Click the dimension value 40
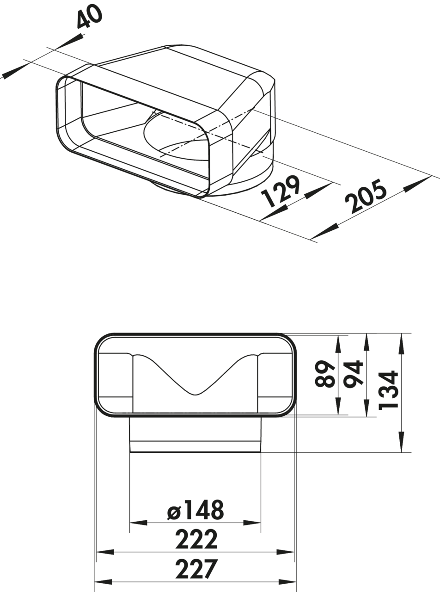pyautogui.click(x=89, y=17)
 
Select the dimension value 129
pyautogui.click(x=281, y=191)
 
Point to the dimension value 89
pyautogui.click(x=325, y=374)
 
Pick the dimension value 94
pyautogui.click(x=353, y=374)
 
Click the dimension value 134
pyautogui.click(x=387, y=389)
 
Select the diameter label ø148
pyautogui.click(x=195, y=510)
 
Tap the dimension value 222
pyautogui.click(x=196, y=539)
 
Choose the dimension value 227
pyautogui.click(x=196, y=569)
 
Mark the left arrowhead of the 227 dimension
pyautogui.click(x=103, y=581)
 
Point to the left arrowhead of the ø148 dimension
pyautogui.click(x=138, y=523)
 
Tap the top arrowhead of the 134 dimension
pyautogui.click(x=401, y=342)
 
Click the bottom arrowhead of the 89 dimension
pyautogui.click(x=338, y=407)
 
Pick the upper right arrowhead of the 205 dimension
pyautogui.click(x=418, y=183)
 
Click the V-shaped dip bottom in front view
pyautogui.click(x=196, y=395)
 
